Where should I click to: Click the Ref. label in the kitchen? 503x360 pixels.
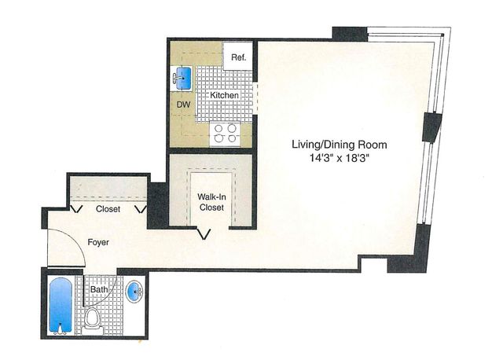click(x=237, y=57)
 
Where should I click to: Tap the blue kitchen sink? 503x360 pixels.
click(x=184, y=78)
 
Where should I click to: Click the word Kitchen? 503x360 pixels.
click(x=224, y=96)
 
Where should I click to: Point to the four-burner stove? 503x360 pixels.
click(x=224, y=133)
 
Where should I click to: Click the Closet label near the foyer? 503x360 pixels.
click(x=108, y=210)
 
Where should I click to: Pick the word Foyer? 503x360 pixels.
click(x=98, y=243)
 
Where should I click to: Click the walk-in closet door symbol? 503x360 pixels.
click(x=206, y=233)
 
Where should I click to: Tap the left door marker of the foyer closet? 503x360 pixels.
click(x=77, y=209)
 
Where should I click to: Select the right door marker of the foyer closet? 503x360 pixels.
click(x=141, y=209)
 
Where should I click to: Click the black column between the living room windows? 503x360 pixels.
click(x=431, y=128)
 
